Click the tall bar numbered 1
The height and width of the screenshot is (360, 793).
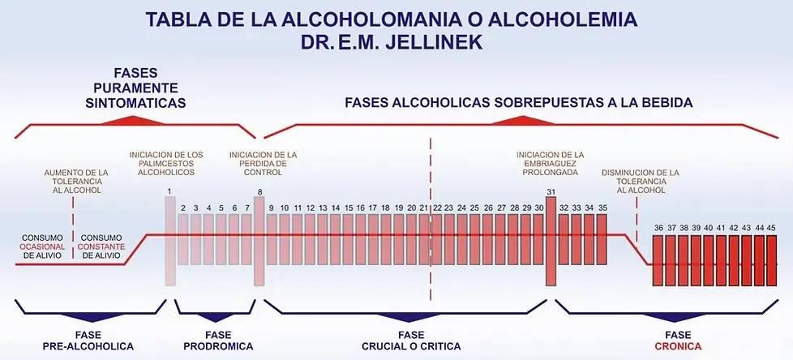pos(170,241)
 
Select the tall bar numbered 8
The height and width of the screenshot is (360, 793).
pos(259,241)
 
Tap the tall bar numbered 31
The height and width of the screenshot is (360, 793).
pos(551,241)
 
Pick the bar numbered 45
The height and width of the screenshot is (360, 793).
pos(771,260)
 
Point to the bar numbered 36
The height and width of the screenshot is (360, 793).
pos(658,260)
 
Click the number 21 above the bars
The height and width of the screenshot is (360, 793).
pos(424,208)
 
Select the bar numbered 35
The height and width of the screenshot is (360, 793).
pos(602,239)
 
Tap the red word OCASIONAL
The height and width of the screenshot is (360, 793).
pos(42,246)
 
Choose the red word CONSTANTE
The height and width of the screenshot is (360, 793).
pos(101,246)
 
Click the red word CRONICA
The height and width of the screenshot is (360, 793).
pos(678,346)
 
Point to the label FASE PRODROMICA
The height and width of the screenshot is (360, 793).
pos(218,341)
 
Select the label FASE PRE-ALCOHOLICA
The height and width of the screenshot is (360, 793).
pos(88,341)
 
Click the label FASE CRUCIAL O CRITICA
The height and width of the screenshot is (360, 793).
pos(410,341)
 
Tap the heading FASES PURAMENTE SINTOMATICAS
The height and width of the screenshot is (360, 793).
pos(135,88)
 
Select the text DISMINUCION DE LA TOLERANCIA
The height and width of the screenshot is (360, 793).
pos(641,177)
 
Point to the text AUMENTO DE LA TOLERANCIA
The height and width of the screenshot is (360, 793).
pos(76,177)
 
